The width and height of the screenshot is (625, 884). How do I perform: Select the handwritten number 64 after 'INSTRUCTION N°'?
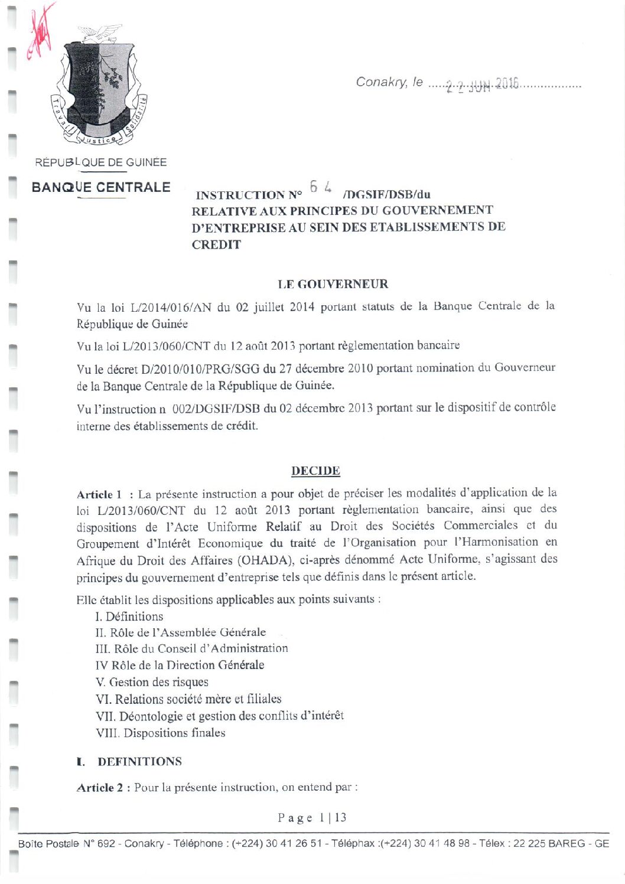point(321,187)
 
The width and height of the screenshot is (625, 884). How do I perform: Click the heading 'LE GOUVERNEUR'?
point(333,284)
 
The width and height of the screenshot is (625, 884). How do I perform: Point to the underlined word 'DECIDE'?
point(315,471)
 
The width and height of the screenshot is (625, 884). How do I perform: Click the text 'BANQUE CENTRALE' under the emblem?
point(101,188)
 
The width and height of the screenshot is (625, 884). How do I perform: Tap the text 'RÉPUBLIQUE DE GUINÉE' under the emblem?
point(100,162)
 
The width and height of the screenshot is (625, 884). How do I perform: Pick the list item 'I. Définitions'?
point(129,616)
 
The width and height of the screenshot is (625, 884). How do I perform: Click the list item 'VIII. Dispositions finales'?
point(160,733)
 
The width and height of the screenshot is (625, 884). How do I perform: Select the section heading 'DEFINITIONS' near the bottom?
point(139,761)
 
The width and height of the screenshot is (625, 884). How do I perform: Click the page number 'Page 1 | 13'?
point(312,818)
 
